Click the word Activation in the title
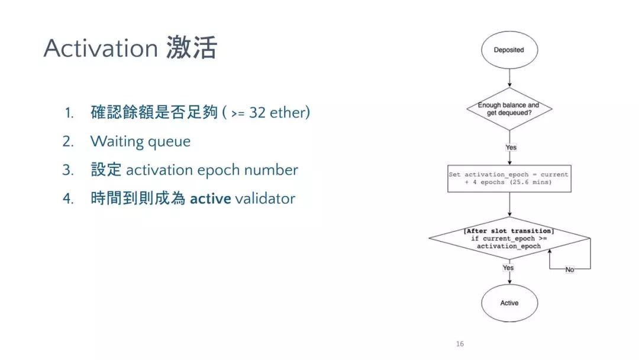(101, 48)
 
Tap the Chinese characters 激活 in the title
(192, 48)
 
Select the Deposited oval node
(509, 50)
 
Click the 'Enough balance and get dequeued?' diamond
(509, 109)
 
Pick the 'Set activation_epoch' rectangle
(509, 179)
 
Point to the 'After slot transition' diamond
(509, 239)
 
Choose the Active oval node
(509, 303)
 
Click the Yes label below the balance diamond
(511, 147)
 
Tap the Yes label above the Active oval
(508, 268)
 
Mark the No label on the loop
(570, 269)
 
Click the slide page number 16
(460, 343)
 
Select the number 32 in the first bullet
(257, 112)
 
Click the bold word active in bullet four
(210, 198)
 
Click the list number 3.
(67, 170)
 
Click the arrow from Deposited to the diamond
(509, 78)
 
